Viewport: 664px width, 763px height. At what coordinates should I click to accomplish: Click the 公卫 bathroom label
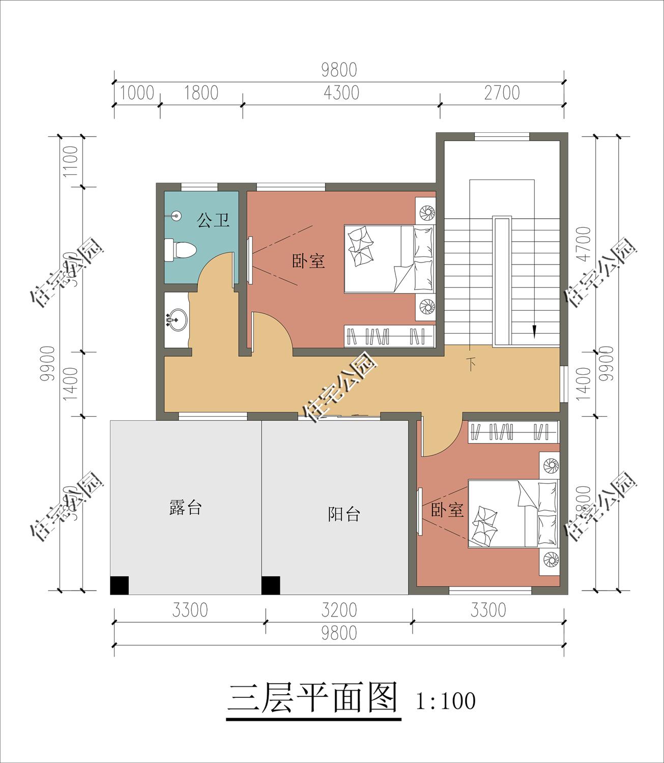tap(213, 220)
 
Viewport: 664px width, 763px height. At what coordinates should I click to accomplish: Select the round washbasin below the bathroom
tap(177, 319)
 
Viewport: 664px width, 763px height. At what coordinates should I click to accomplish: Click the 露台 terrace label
tap(186, 508)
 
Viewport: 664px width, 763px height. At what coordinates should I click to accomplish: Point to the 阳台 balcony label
tap(344, 514)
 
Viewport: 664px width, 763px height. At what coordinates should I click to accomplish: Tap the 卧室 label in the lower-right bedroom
tap(447, 510)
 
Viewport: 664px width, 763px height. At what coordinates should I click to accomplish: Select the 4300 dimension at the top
tap(341, 93)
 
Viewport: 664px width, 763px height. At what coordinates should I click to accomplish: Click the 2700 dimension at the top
tap(502, 93)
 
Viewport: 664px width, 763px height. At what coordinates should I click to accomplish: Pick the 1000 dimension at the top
tap(137, 93)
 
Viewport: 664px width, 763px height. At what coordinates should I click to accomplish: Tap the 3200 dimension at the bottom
tap(339, 609)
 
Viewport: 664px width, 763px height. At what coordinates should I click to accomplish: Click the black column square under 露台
tap(120, 585)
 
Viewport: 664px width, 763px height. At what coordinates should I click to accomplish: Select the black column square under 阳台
tap(271, 585)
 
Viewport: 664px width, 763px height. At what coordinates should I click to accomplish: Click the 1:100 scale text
tap(446, 701)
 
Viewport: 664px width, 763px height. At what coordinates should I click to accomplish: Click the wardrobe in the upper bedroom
tap(389, 336)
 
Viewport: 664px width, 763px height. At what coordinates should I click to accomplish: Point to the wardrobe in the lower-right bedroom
tap(513, 432)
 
